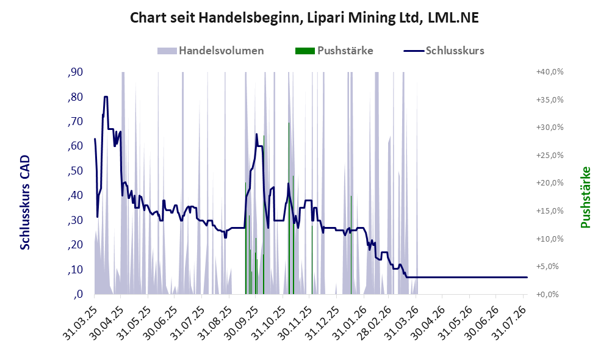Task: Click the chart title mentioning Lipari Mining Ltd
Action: click(x=304, y=18)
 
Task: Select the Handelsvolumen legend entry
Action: click(x=211, y=51)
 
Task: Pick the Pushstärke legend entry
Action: click(x=334, y=51)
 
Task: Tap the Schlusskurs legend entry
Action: click(x=444, y=51)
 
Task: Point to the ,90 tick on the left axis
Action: click(x=75, y=72)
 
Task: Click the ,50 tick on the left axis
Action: click(x=75, y=171)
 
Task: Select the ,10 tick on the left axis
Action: click(x=75, y=270)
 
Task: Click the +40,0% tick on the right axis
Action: click(x=550, y=72)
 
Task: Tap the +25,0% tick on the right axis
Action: click(x=550, y=156)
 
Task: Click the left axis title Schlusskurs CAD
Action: click(x=25, y=203)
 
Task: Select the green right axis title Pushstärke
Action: click(x=585, y=197)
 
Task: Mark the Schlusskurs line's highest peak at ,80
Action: click(x=106, y=96)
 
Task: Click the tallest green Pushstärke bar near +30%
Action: click(x=289, y=208)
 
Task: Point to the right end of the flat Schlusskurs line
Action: click(x=527, y=277)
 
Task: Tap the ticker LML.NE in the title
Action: click(x=453, y=18)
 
